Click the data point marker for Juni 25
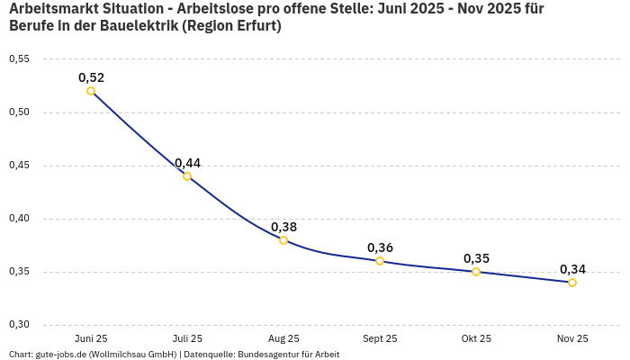coord(91,91)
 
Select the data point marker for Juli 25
coord(187,176)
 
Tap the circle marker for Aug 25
coord(283,240)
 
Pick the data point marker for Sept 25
coord(380,261)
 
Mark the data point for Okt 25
coord(476,272)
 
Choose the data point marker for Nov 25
coord(572,283)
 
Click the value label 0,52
coord(91,77)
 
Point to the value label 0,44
coord(187,163)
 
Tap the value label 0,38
coord(283,227)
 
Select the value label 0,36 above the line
coord(380,247)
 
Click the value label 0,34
coord(572,269)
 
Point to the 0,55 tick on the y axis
coord(19,59)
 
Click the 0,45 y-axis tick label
coord(19,166)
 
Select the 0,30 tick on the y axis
coord(19,325)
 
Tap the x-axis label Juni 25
coord(91,339)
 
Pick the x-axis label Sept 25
coord(380,339)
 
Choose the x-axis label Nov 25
coord(572,339)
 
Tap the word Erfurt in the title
coord(254,26)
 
